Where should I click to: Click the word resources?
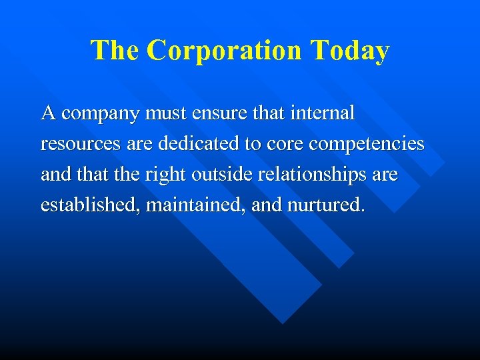tap(79, 145)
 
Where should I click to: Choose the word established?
tap(90, 205)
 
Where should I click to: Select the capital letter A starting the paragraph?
tap(48, 113)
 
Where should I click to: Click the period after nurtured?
tap(362, 211)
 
